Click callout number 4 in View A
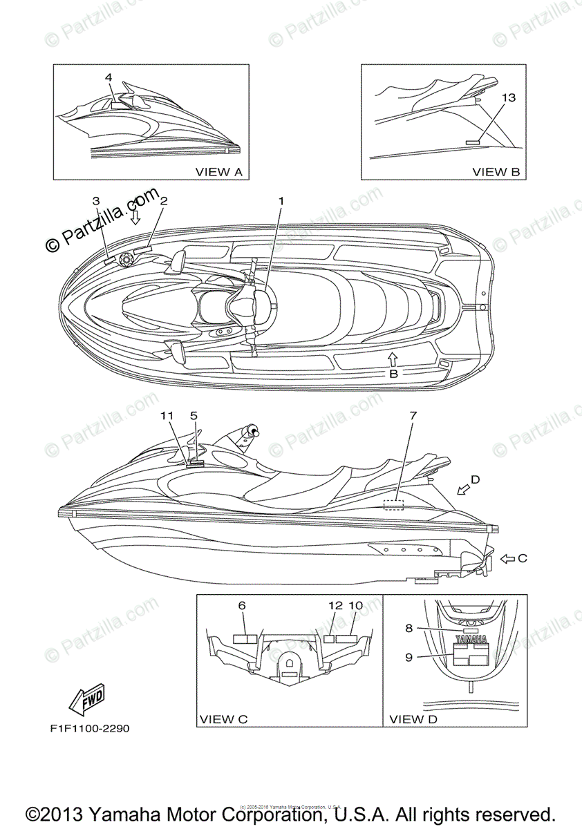pos(109,77)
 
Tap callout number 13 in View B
pos(508,98)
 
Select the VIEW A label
pos(218,171)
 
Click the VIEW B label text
pos(496,171)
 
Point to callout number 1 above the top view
pos(281,200)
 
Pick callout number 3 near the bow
pos(96,201)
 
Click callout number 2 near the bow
pos(164,201)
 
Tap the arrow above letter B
pos(393,358)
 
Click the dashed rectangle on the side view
pos(393,504)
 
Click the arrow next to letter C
pos(507,558)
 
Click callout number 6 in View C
pos(242,605)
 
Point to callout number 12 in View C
pos(335,605)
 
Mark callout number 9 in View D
pos(409,658)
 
